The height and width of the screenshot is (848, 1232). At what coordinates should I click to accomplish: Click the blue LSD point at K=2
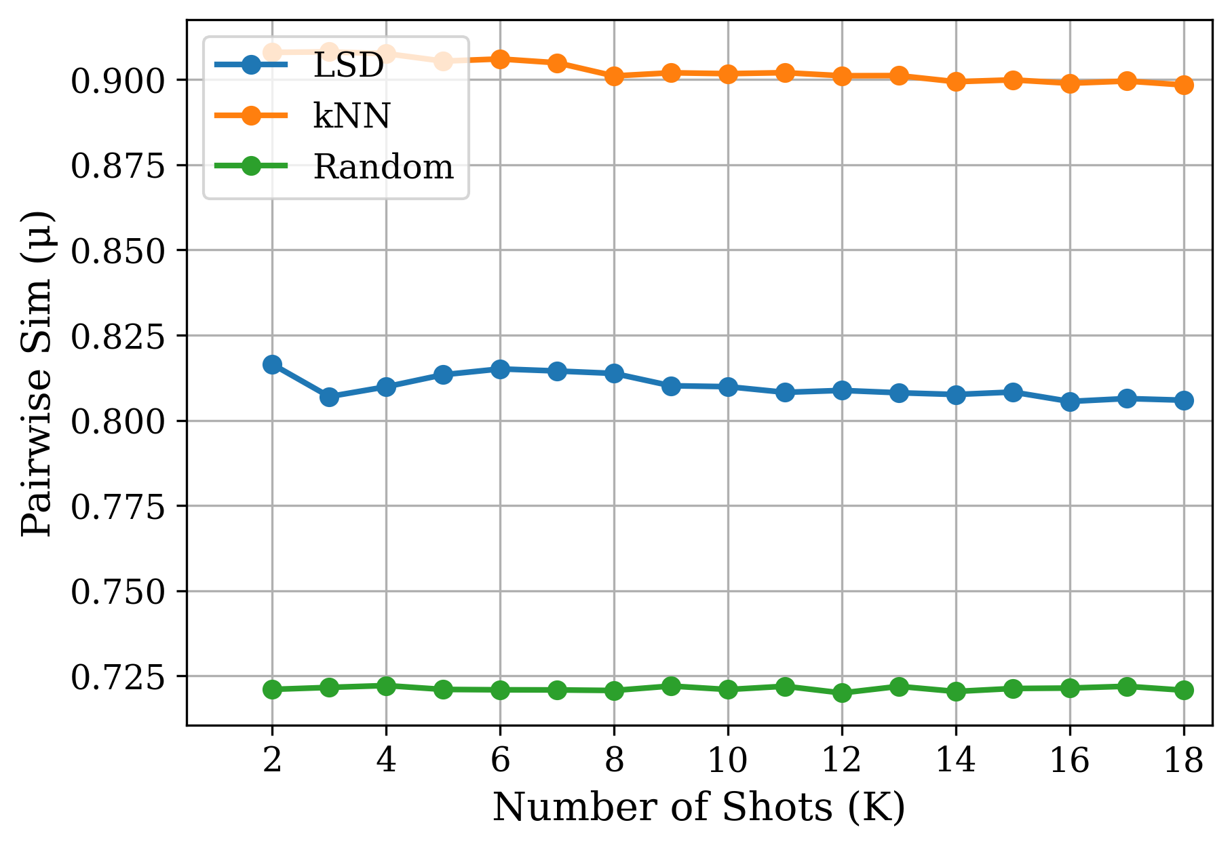(x=272, y=364)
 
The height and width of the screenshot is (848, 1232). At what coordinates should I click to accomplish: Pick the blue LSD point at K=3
(x=329, y=397)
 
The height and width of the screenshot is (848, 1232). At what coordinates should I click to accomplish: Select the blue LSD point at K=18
(x=1184, y=400)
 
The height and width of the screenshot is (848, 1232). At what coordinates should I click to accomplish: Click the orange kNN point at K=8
(x=614, y=76)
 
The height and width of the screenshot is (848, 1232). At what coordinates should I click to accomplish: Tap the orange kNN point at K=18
(x=1184, y=85)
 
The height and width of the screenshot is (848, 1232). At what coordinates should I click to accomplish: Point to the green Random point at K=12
(x=842, y=693)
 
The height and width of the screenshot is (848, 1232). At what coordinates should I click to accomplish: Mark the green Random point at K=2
(x=272, y=689)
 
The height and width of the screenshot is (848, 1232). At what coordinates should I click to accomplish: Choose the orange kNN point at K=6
(x=500, y=59)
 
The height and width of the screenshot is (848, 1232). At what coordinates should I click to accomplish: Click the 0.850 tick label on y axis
(x=118, y=251)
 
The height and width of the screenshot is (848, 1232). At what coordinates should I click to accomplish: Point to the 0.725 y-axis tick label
(x=118, y=677)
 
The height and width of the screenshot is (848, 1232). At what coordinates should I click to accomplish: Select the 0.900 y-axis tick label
(x=118, y=81)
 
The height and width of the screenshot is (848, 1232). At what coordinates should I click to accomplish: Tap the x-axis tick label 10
(x=727, y=760)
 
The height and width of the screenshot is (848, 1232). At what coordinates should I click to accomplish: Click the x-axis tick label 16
(x=1069, y=760)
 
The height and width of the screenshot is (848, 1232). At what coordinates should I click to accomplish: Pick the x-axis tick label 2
(x=272, y=760)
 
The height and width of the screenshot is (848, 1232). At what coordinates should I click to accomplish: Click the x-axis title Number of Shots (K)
(x=699, y=807)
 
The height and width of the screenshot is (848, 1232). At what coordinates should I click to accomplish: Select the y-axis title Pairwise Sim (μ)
(x=37, y=373)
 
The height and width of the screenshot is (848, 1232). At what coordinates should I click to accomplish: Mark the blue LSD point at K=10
(x=728, y=387)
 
